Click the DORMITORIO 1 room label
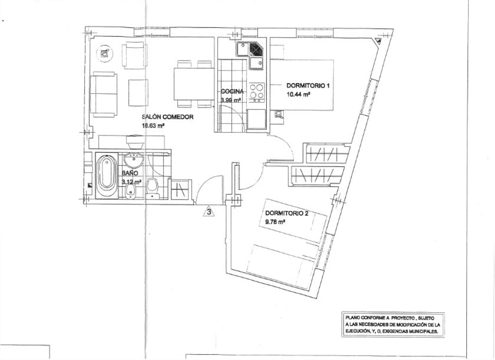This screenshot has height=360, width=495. pos(308,86)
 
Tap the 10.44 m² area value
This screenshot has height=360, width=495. pos(298,94)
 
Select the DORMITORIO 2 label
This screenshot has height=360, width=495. pos(287,213)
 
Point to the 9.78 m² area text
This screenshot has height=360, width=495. pos(275,222)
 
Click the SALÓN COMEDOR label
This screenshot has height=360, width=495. pos(168,117)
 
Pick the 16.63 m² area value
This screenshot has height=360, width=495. pos(153,126)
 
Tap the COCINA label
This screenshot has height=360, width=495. pos(232,91)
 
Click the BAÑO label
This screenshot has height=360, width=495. pos(130,173)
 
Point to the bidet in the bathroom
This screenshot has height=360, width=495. pos(131,191)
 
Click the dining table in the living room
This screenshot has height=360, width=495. pos(194,84)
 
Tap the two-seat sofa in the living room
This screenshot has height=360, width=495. pos(104,94)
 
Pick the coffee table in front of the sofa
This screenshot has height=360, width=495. pos(138,93)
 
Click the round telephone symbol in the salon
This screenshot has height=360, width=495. pos(105,53)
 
